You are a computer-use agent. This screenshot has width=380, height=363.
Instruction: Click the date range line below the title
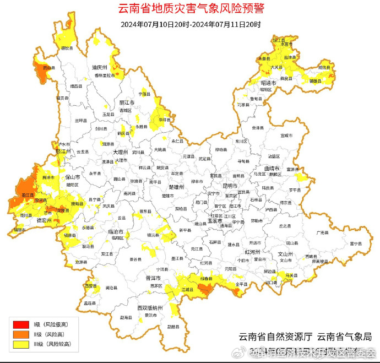click(191, 25)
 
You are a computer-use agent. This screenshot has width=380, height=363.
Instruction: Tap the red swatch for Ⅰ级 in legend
click(20, 324)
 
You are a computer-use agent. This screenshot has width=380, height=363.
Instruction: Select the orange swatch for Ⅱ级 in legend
click(20, 334)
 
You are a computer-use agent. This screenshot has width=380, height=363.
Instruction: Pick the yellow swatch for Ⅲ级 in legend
click(20, 344)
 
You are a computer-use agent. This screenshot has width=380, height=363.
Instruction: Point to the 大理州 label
click(120, 151)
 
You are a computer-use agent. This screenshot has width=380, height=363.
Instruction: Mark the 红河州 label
click(252, 251)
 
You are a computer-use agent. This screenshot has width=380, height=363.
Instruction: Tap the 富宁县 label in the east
click(354, 243)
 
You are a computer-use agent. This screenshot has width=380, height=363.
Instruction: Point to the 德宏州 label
click(44, 220)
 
